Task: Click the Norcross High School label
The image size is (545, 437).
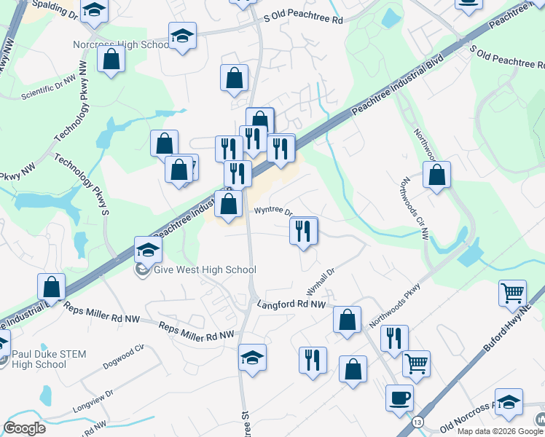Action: [x=121, y=44]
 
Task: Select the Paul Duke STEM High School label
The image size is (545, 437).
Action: [x=49, y=359]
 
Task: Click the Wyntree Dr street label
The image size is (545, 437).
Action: [x=272, y=211]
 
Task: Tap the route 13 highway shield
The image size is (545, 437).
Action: [x=417, y=423]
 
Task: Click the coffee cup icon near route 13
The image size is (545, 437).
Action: [x=399, y=398]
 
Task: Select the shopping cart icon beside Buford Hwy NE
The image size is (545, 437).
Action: [x=513, y=293]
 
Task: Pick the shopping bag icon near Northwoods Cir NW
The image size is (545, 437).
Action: [x=436, y=175]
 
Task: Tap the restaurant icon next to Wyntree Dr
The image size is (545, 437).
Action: [x=304, y=231]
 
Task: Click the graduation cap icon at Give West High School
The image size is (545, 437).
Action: [x=148, y=250]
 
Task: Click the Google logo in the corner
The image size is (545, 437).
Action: [x=25, y=428]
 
